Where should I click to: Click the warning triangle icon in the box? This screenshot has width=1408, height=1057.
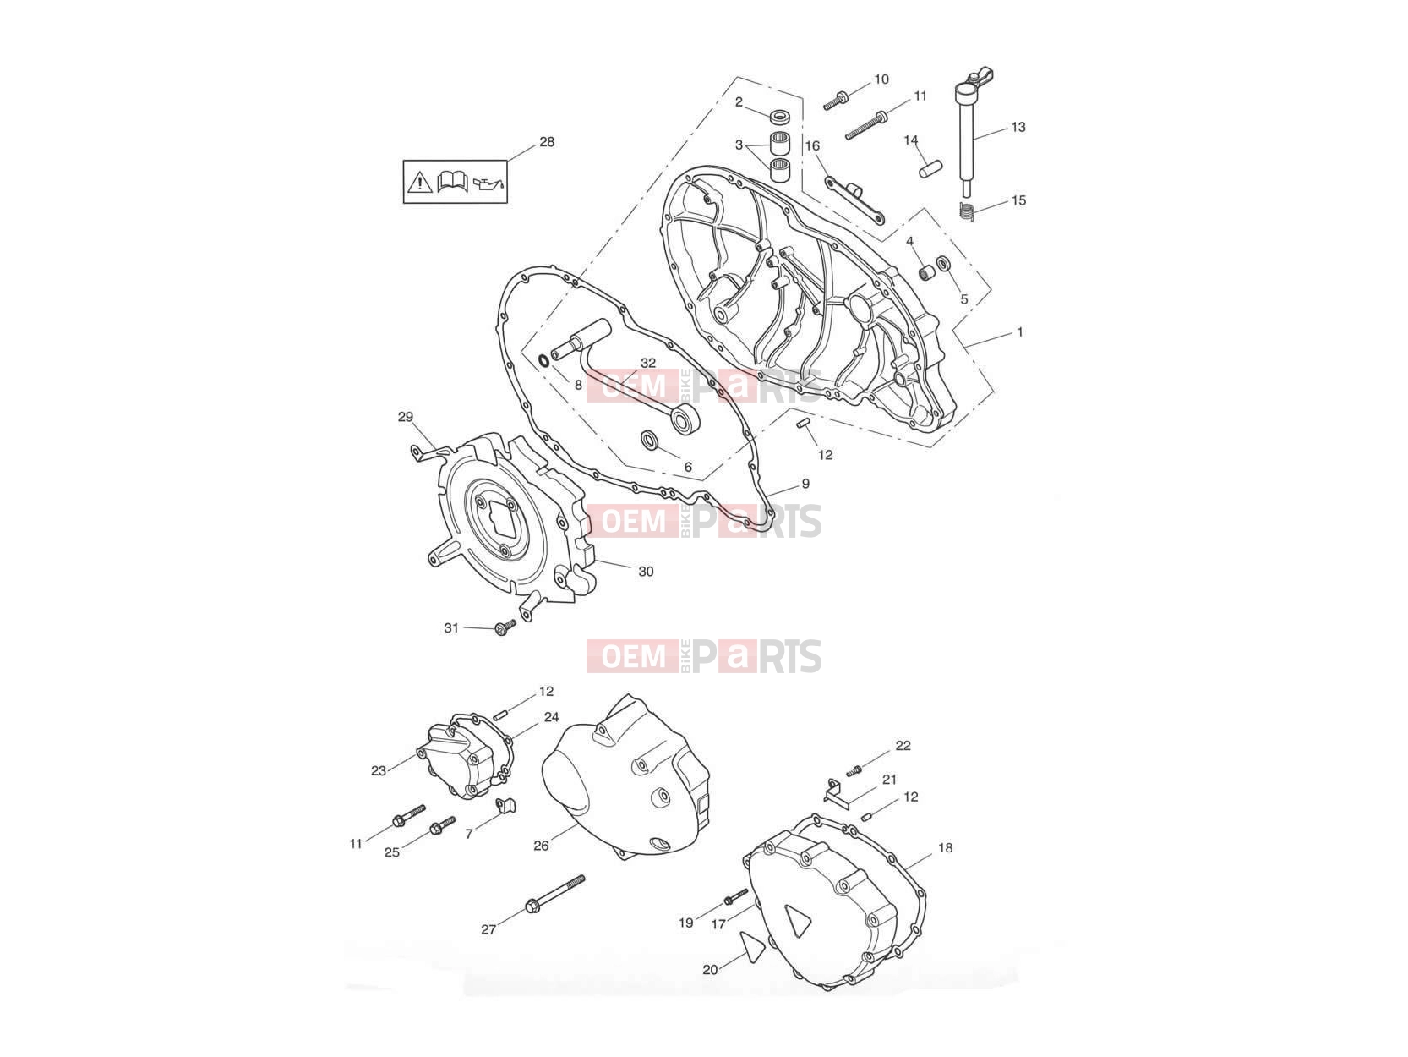[x=418, y=183]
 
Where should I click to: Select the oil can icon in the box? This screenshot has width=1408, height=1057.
[x=488, y=183]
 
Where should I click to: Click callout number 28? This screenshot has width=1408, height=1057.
[x=547, y=142]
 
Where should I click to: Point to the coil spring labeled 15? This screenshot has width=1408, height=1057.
[x=966, y=211]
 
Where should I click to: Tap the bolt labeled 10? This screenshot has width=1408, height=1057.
[x=836, y=101]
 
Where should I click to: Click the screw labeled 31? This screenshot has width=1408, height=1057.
[x=505, y=627]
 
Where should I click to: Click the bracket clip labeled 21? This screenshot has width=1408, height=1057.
[x=836, y=794]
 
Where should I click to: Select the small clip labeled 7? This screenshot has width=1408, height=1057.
[x=506, y=805]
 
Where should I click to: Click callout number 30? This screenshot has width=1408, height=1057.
[x=646, y=571]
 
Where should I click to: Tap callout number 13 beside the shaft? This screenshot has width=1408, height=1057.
[x=1018, y=127]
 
